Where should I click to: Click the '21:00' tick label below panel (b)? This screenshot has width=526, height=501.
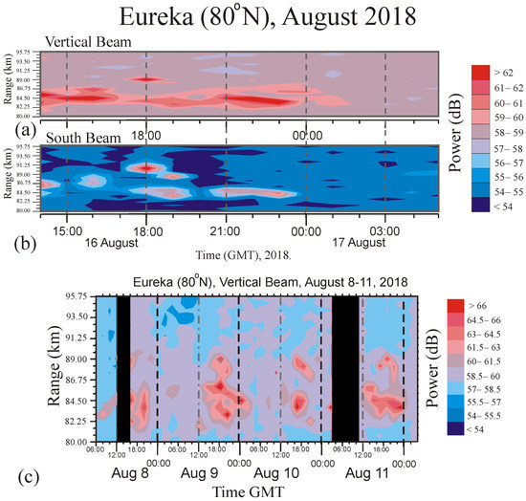click(x=225, y=231)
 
